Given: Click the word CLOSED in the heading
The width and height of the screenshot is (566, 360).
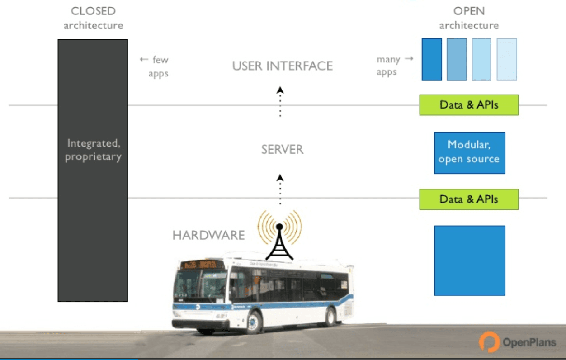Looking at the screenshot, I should (93, 11).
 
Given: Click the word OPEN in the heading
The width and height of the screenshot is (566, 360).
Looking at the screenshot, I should (469, 11).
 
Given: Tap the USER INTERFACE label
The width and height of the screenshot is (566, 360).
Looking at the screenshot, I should (283, 66).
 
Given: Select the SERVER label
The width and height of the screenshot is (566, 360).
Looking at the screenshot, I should (283, 149).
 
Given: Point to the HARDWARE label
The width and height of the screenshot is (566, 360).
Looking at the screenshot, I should (208, 235).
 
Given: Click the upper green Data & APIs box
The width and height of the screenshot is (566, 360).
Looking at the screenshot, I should (469, 105).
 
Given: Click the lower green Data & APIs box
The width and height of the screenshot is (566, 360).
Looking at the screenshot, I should (469, 199).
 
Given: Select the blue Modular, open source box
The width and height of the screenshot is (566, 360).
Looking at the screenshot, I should (469, 152).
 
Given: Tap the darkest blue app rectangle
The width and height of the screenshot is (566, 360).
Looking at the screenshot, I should (432, 59).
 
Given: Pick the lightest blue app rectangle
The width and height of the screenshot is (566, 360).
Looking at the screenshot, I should (507, 59).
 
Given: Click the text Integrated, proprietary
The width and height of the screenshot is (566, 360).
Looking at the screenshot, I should (93, 150).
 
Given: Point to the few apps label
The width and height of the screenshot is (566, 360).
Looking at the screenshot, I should (156, 66).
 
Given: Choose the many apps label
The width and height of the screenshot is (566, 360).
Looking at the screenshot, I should (390, 66).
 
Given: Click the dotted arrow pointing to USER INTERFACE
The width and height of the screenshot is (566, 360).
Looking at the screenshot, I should (280, 101).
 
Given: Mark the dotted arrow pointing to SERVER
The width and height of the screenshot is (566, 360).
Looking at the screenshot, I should (280, 189).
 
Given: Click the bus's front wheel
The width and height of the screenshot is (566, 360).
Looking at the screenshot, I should (254, 322).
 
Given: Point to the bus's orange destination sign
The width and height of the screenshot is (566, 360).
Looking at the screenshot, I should (202, 265).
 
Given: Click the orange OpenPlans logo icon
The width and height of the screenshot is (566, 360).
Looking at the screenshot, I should (489, 341).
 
